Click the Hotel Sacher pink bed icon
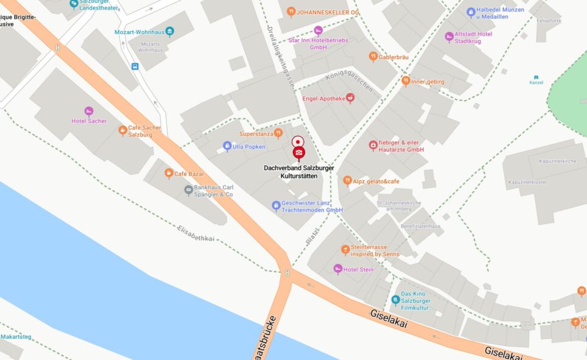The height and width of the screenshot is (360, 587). (89, 111)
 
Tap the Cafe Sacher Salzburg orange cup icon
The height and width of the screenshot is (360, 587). (122, 130)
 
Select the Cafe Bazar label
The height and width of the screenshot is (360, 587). (189, 174)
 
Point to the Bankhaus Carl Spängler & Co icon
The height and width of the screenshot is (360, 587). (189, 190)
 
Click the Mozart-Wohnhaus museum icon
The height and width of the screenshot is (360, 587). (169, 32)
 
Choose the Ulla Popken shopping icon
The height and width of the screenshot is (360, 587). (227, 146)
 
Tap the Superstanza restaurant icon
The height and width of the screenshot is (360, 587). (278, 133)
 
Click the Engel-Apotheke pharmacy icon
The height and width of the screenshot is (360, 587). (350, 98)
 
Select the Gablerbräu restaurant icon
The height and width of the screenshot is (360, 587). (373, 57)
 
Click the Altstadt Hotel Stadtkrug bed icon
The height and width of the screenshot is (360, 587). (449, 37)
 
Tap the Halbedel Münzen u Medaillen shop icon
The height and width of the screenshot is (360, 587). (471, 12)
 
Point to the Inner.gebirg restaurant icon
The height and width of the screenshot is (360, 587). (406, 81)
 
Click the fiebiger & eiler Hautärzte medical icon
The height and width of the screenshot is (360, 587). (373, 145)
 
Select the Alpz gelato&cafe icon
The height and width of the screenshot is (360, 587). (347, 181)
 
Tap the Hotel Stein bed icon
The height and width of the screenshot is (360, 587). (338, 269)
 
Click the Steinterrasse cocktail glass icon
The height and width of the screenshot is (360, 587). (345, 250)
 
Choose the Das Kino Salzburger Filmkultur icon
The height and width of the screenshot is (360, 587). (395, 300)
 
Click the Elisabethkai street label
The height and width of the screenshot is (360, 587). (196, 233)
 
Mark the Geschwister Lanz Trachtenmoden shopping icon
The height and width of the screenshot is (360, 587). (276, 206)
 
